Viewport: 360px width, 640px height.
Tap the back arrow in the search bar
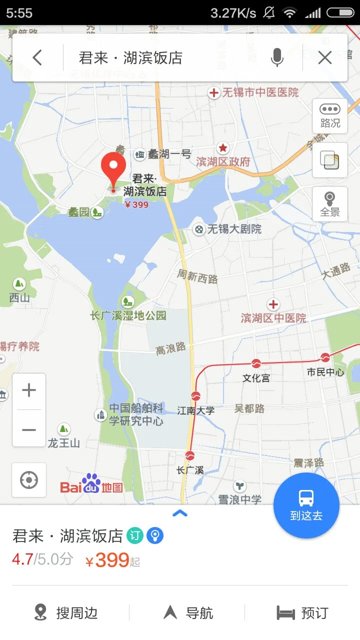37,58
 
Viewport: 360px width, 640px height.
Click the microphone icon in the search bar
277,58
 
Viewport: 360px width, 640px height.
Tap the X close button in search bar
325,58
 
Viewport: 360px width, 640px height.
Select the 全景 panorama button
330,203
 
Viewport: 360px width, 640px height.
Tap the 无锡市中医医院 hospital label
260,92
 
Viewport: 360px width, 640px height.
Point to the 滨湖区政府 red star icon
222,148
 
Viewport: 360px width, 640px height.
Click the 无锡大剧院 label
234,229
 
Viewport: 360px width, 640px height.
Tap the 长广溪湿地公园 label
128,315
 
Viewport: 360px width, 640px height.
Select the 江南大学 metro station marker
195,395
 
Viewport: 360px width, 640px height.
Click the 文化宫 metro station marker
256,363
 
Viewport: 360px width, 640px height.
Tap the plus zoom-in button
29,390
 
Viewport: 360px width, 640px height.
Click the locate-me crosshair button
29,480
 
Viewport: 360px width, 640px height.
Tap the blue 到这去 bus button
306,505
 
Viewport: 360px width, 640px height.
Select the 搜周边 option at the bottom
66,612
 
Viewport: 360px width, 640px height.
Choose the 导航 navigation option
188,612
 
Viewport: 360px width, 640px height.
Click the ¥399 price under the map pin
136,204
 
